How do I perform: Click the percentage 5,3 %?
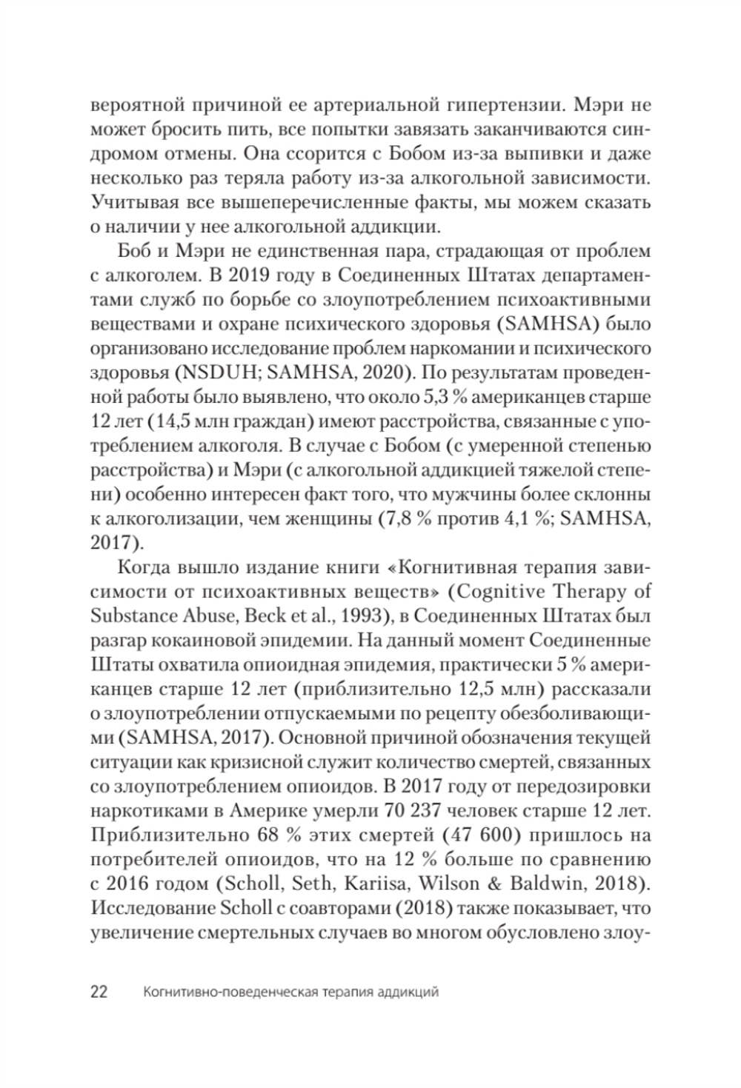coord(445,396)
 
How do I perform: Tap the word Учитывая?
coord(126,202)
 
